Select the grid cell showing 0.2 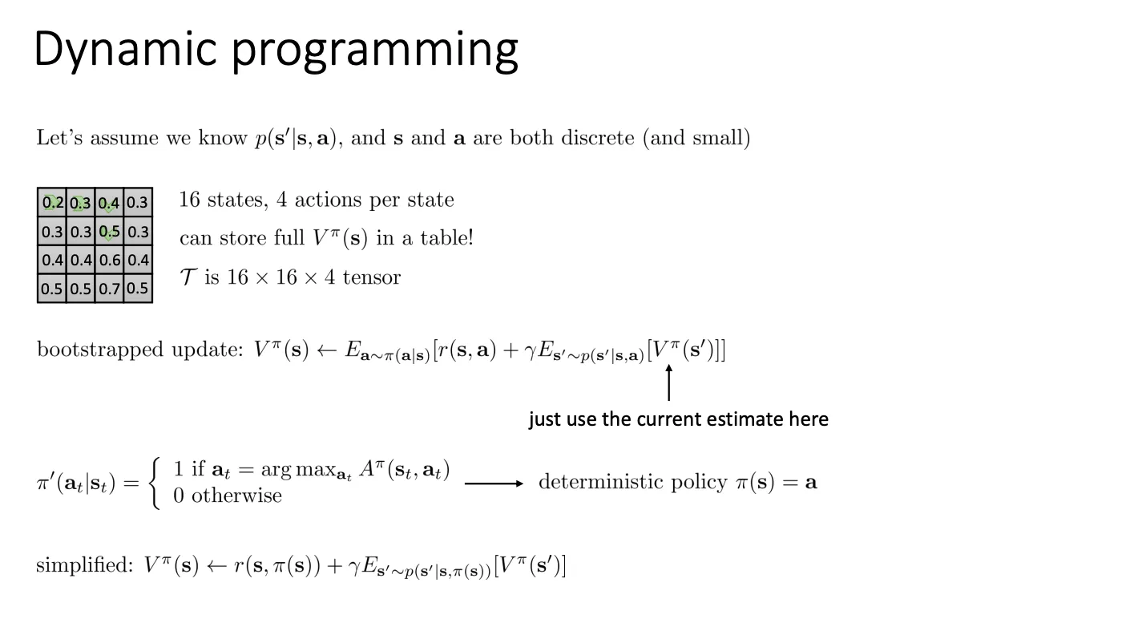52,202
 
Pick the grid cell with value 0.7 109,289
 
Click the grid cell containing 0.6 109,260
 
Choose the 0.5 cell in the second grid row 109,232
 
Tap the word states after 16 237,200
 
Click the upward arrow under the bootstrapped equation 668,383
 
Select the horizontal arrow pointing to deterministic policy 494,483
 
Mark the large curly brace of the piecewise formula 156,483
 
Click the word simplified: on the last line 84,565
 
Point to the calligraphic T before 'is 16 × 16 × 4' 188,277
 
